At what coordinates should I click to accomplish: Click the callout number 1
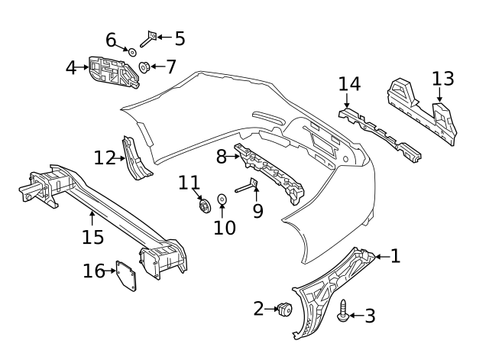[395, 257]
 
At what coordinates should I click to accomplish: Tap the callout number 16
[93, 271]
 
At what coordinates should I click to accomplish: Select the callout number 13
[442, 79]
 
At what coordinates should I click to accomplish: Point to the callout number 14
[349, 84]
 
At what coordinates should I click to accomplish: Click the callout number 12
[105, 158]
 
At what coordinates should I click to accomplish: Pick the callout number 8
[222, 157]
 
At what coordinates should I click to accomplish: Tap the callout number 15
[92, 238]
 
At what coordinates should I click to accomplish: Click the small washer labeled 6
[131, 52]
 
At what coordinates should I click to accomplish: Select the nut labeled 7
[143, 67]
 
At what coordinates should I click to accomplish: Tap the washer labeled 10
[222, 200]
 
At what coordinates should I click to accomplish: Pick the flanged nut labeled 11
[204, 205]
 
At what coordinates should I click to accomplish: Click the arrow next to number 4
[84, 67]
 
